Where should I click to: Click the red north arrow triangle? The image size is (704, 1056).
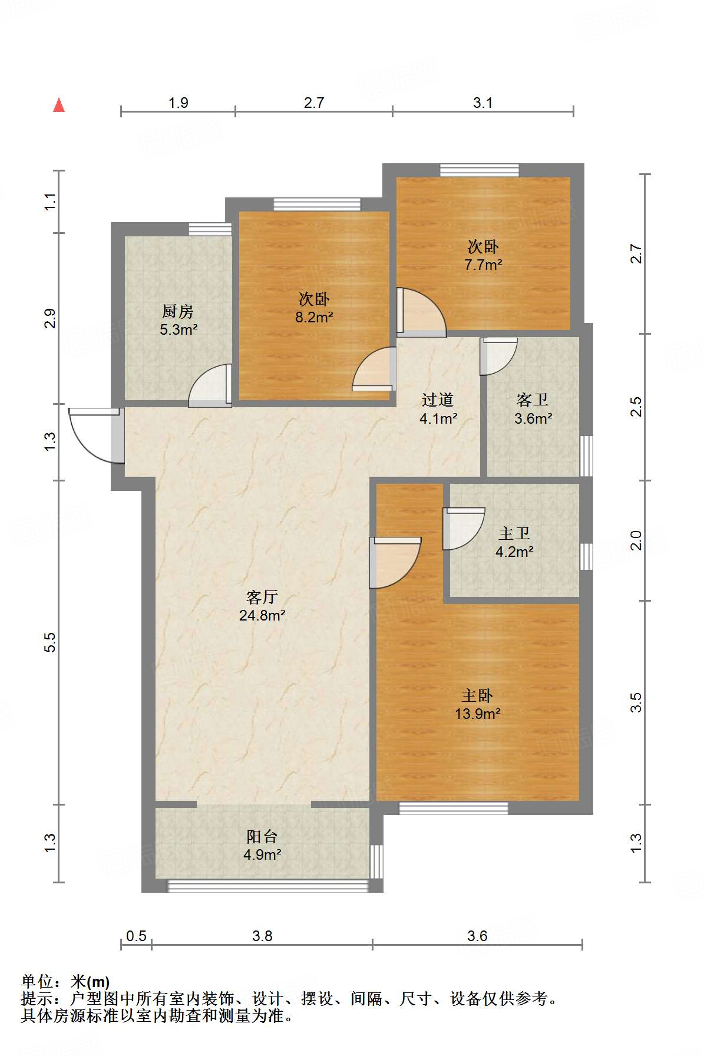[x=59, y=105]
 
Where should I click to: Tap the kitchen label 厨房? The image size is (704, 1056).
[x=178, y=311]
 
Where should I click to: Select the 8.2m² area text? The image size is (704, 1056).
[x=315, y=318]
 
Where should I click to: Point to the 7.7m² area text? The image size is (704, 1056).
[x=483, y=265]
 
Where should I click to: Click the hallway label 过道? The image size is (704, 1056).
[x=438, y=400]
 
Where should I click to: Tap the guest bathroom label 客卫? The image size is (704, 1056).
[x=533, y=400]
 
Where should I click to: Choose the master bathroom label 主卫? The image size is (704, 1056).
[x=514, y=534]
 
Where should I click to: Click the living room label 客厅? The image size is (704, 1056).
[x=262, y=598]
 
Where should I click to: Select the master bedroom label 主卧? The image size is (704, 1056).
[x=478, y=696]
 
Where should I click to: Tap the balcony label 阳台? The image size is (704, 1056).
[x=262, y=836]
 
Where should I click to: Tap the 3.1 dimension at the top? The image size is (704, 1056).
[x=482, y=103]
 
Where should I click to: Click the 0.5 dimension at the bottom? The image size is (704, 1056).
[x=136, y=936]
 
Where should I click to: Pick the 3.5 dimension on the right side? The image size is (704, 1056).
[x=636, y=702]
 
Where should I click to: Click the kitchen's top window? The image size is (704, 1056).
[x=210, y=229]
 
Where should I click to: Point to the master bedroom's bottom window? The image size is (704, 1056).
[x=454, y=808]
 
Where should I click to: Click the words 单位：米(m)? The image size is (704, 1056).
[x=65, y=982]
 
